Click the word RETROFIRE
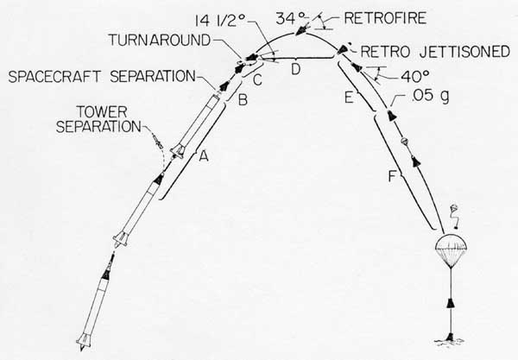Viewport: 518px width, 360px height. [x=385, y=18]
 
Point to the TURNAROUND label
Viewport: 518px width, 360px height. [x=160, y=40]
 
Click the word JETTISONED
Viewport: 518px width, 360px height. [x=465, y=52]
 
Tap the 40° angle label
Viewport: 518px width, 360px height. [x=415, y=77]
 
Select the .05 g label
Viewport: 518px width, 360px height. [x=431, y=96]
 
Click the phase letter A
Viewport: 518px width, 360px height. [x=204, y=156]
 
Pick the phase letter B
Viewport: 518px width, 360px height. [x=243, y=99]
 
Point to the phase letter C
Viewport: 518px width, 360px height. [x=257, y=80]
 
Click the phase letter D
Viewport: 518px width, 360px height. [x=295, y=69]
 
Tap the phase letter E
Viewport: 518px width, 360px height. [x=349, y=98]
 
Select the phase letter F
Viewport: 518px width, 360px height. [x=392, y=177]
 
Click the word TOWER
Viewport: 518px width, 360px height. [x=101, y=112]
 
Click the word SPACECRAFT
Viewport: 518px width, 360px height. [x=54, y=77]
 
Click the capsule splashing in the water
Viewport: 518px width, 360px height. [x=450, y=338]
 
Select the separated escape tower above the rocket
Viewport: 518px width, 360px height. [x=158, y=141]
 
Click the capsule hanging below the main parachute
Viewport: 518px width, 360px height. [x=450, y=303]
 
